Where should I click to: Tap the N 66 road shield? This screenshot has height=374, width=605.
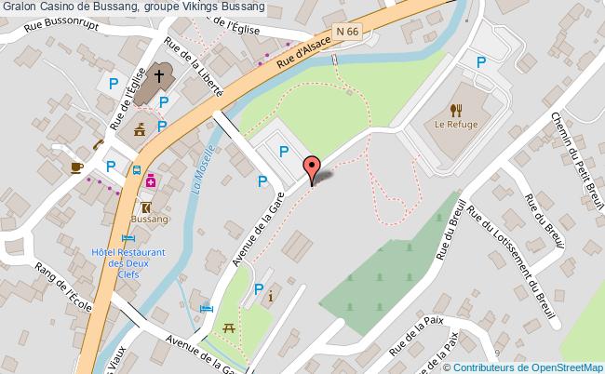tap(348, 32)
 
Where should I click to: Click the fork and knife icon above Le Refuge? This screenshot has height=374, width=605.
tap(456, 107)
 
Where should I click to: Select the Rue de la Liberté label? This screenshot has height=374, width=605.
tap(195, 70)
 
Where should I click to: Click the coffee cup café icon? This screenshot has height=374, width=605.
tap(77, 167)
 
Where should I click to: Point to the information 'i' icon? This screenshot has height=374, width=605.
tap(270, 298)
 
